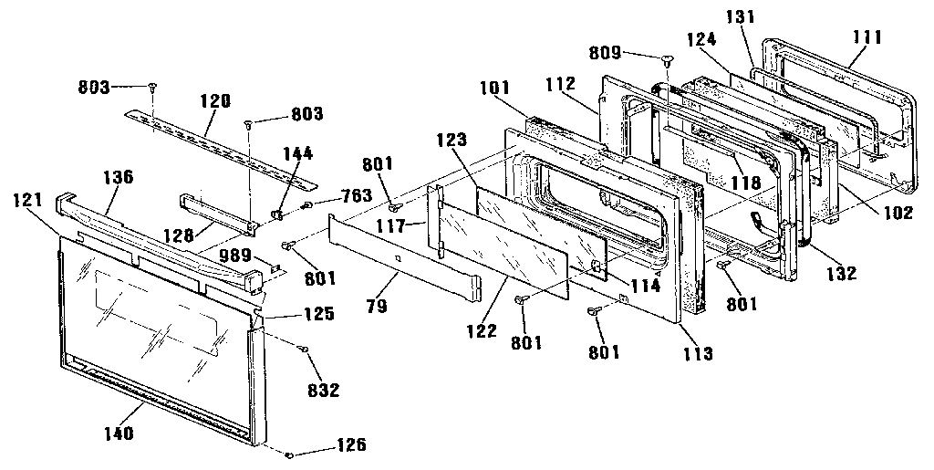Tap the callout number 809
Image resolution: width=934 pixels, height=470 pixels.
(x=631, y=54)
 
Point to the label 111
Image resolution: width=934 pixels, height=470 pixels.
(x=866, y=37)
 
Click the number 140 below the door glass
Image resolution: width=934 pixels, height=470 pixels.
(x=120, y=433)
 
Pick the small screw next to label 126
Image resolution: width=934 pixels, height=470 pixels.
(x=289, y=454)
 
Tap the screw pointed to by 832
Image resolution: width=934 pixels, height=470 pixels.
(x=301, y=348)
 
